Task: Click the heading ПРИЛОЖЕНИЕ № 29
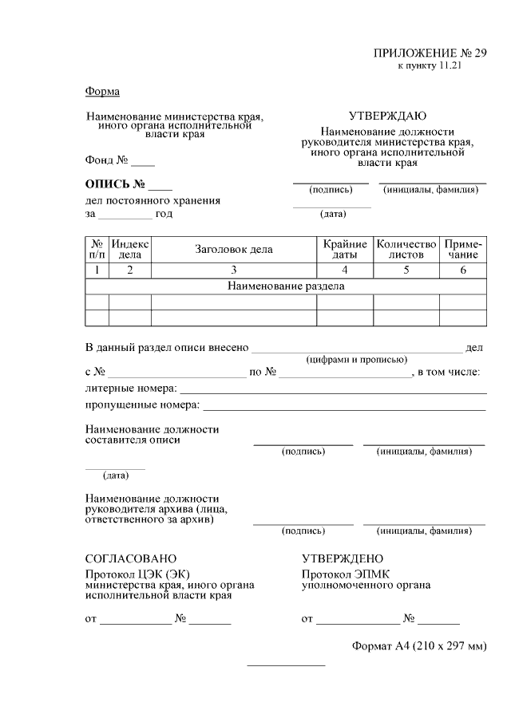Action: (x=429, y=53)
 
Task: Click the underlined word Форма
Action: (x=102, y=91)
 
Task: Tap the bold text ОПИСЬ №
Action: (x=119, y=185)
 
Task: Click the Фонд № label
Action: (x=108, y=159)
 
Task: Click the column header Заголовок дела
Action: (x=234, y=249)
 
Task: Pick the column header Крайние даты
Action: (x=345, y=249)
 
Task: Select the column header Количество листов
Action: (x=406, y=249)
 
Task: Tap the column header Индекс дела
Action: (x=130, y=249)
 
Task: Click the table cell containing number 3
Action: (x=234, y=270)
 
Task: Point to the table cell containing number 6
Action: (x=463, y=270)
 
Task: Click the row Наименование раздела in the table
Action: (x=286, y=286)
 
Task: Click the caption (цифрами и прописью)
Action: (x=357, y=360)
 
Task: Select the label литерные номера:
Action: (x=131, y=389)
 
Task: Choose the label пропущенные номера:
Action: (x=142, y=405)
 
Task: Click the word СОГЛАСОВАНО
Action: (x=131, y=558)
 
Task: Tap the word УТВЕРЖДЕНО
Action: (x=343, y=558)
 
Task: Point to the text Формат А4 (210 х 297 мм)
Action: (x=418, y=645)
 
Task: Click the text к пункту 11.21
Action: (x=430, y=65)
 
